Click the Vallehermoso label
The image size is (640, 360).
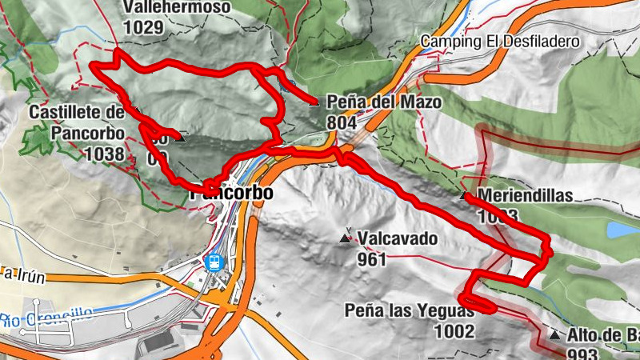coord(177,7)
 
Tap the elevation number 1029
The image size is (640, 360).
coord(143,26)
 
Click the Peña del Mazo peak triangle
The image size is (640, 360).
coord(314,102)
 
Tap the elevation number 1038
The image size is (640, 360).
coord(104,154)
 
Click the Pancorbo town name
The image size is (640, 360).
coord(232,194)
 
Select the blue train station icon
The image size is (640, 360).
coord(214,262)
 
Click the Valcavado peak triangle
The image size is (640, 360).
coord(346,238)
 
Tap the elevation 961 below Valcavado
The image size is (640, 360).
coord(373,258)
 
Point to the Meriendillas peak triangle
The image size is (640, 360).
coord(464,195)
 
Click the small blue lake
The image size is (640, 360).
coord(622,230)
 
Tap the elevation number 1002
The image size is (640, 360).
coord(454,331)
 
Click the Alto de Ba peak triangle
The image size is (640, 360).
coord(554,334)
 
